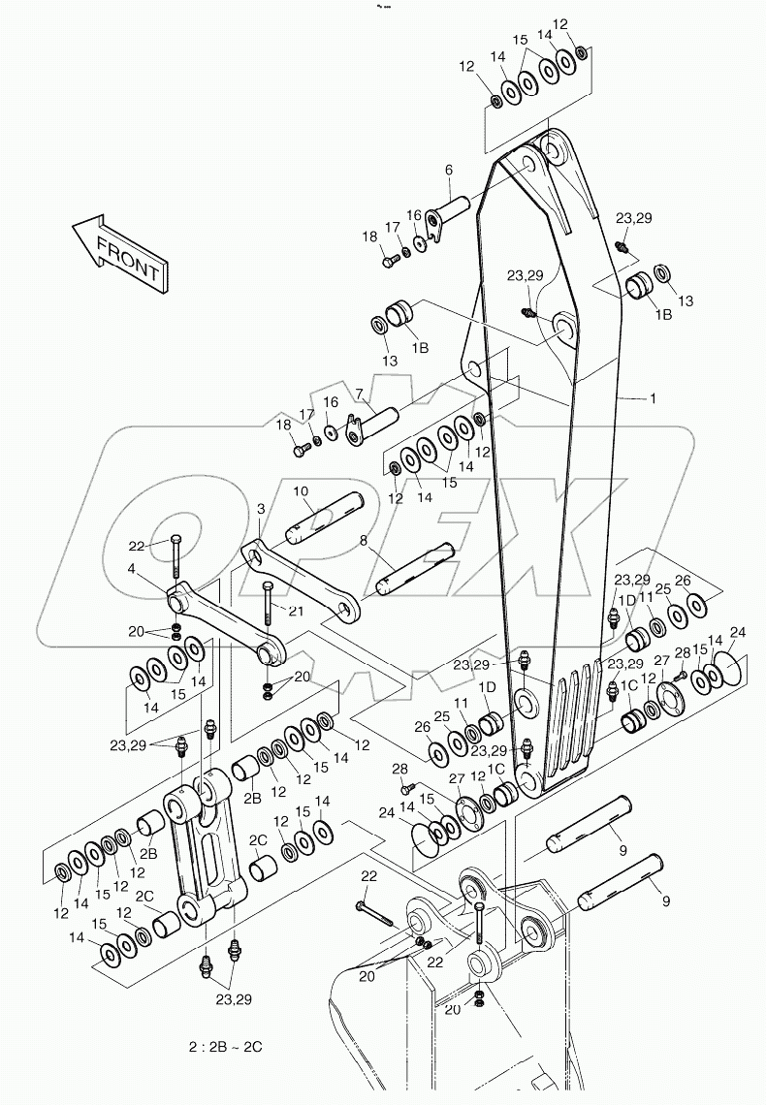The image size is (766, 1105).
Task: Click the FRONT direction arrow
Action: point(119,251)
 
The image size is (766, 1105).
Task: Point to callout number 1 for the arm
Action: point(653,398)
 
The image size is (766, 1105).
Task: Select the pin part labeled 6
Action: point(447,212)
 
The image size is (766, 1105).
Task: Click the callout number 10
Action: point(302,491)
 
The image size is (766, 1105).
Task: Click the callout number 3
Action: point(261,508)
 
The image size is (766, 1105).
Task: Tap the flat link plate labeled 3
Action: point(301,582)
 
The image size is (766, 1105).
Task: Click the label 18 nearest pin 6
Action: point(369,237)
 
